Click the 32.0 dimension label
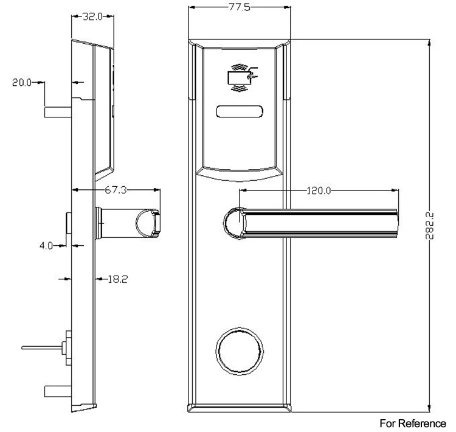click(x=92, y=18)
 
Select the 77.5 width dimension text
click(x=240, y=7)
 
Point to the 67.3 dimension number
click(x=116, y=190)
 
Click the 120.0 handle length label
click(x=317, y=190)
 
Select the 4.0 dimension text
click(x=47, y=246)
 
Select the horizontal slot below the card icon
click(x=240, y=111)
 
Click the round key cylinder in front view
click(x=240, y=352)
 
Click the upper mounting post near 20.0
click(x=58, y=112)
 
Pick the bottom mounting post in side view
click(x=58, y=391)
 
